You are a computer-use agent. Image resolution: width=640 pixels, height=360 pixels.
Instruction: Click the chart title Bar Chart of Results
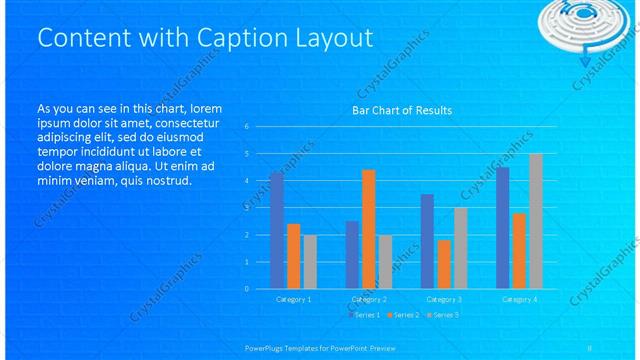pyautogui.click(x=403, y=110)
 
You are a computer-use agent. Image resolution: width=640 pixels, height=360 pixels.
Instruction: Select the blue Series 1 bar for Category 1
pyautogui.click(x=277, y=230)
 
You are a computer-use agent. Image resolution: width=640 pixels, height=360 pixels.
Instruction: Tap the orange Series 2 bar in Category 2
pyautogui.click(x=369, y=229)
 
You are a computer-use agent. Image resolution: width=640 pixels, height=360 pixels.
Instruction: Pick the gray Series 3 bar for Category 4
pyautogui.click(x=536, y=221)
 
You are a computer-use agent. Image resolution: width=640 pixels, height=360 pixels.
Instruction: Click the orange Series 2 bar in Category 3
pyautogui.click(x=444, y=264)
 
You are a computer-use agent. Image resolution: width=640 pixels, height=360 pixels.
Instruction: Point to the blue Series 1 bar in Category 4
pyautogui.click(x=502, y=227)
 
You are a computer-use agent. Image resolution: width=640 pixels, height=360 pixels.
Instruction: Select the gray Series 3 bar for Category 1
pyautogui.click(x=310, y=261)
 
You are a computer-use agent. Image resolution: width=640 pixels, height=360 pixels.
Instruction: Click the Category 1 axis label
pyautogui.click(x=293, y=299)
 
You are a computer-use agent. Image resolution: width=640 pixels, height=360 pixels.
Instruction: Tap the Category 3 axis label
pyautogui.click(x=444, y=299)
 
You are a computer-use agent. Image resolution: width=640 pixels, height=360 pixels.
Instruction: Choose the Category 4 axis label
pyautogui.click(x=519, y=299)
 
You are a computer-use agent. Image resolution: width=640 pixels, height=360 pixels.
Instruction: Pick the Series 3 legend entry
pyautogui.click(x=443, y=315)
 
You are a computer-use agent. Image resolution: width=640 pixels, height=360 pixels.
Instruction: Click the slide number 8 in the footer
pyautogui.click(x=590, y=347)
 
